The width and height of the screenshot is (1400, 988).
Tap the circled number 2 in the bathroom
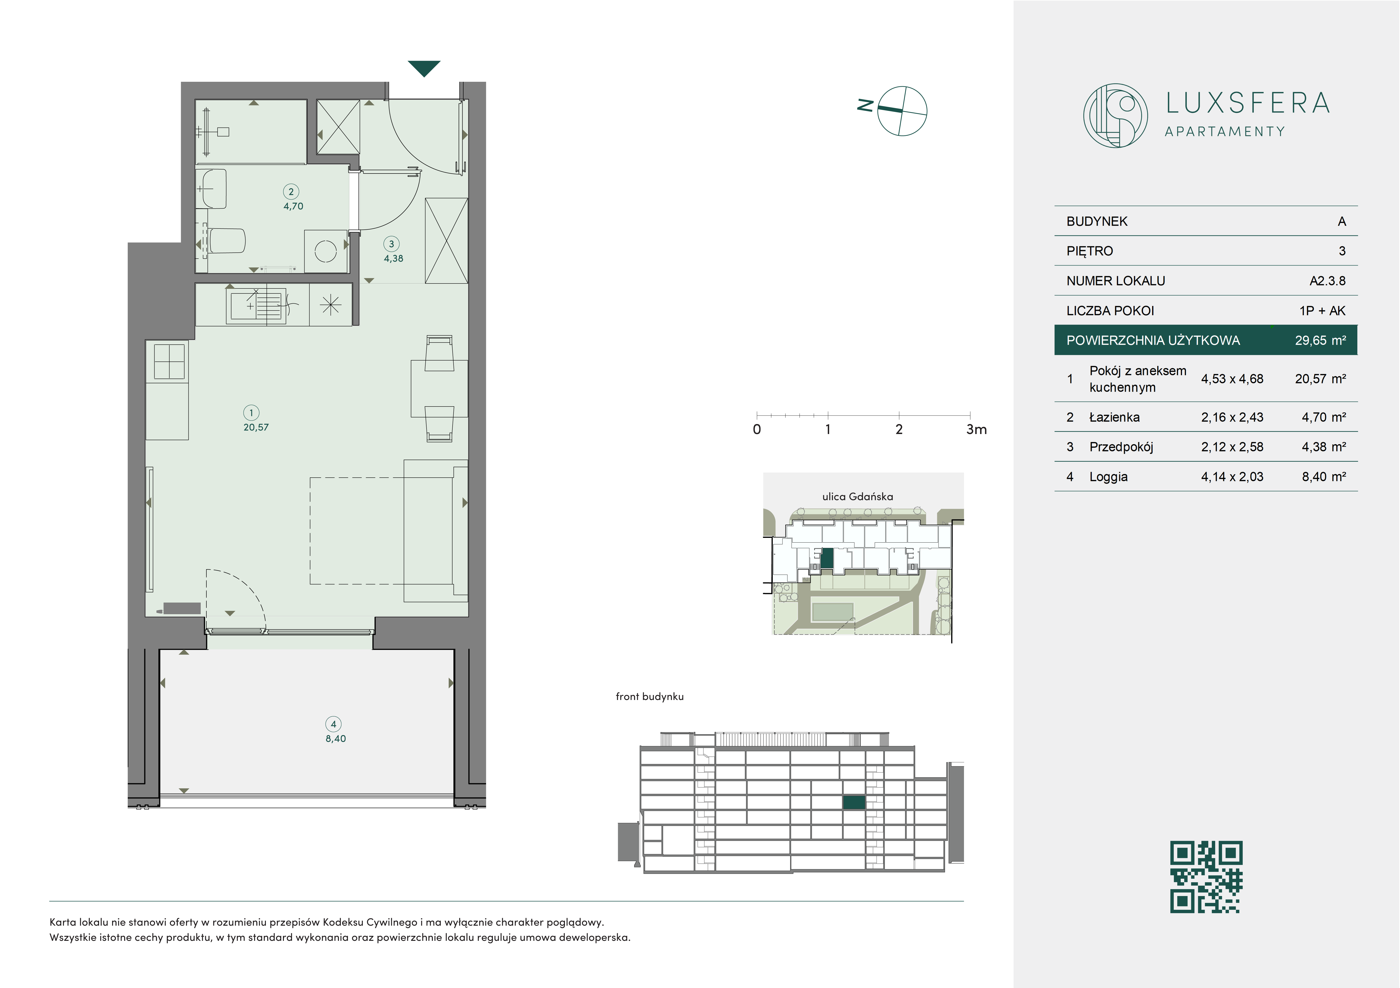291,192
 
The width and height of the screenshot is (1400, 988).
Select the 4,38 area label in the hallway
393,259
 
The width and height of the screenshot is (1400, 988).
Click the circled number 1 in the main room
251,413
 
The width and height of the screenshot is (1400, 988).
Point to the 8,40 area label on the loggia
335,739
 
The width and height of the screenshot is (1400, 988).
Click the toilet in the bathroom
227,241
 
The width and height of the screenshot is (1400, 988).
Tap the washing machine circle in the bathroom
326,251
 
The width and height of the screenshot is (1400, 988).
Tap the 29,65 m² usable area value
1320,340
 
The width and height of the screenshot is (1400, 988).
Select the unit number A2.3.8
1327,281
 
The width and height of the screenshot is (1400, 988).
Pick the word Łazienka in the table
1114,417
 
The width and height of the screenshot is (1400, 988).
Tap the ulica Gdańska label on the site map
857,496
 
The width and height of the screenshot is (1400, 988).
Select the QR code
1206,877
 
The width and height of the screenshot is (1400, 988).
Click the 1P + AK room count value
1322,311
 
